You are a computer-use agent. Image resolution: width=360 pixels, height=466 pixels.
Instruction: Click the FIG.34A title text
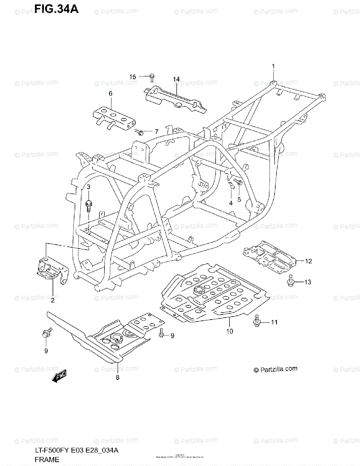pyautogui.click(x=56, y=9)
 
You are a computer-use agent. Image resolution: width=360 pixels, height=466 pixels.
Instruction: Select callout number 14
pyautogui.click(x=176, y=79)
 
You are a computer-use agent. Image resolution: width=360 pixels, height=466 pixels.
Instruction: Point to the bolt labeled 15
pyautogui.click(x=151, y=77)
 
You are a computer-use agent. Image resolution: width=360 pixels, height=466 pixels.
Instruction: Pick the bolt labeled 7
pyautogui.click(x=141, y=132)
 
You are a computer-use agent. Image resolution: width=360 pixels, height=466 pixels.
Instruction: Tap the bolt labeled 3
pyautogui.click(x=89, y=204)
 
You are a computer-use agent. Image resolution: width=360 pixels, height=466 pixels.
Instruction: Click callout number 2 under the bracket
pyautogui.click(x=52, y=299)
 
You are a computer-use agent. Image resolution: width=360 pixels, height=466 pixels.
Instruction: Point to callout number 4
pyautogui.click(x=230, y=203)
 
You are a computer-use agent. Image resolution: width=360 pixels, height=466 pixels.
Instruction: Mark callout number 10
pyautogui.click(x=230, y=331)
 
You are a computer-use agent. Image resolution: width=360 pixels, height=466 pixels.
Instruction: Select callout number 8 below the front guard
pyautogui.click(x=117, y=377)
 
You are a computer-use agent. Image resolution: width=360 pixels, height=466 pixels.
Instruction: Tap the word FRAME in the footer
pyautogui.click(x=46, y=460)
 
